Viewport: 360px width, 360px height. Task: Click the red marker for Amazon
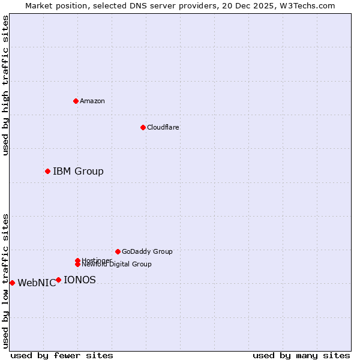tap(76, 101)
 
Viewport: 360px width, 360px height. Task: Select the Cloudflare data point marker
tap(143, 127)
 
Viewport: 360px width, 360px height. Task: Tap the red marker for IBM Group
tap(47, 172)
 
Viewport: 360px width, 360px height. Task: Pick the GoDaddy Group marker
tap(118, 251)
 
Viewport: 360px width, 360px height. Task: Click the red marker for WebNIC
tap(12, 283)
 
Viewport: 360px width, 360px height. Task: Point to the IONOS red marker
tap(58, 280)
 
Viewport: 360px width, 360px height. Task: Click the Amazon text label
tap(92, 101)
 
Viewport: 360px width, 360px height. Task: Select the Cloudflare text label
tap(163, 127)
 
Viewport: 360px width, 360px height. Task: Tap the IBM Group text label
tap(78, 172)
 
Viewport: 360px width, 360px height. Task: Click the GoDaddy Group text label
tap(147, 251)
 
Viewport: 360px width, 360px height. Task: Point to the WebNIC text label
tap(37, 283)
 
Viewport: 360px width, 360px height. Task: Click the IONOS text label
tap(79, 280)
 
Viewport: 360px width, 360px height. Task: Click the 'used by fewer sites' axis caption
tap(62, 355)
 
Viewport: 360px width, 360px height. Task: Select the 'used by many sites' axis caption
tap(301, 355)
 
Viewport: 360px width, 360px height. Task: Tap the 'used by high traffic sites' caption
tap(6, 85)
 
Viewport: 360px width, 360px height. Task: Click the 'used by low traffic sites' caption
tap(6, 281)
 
